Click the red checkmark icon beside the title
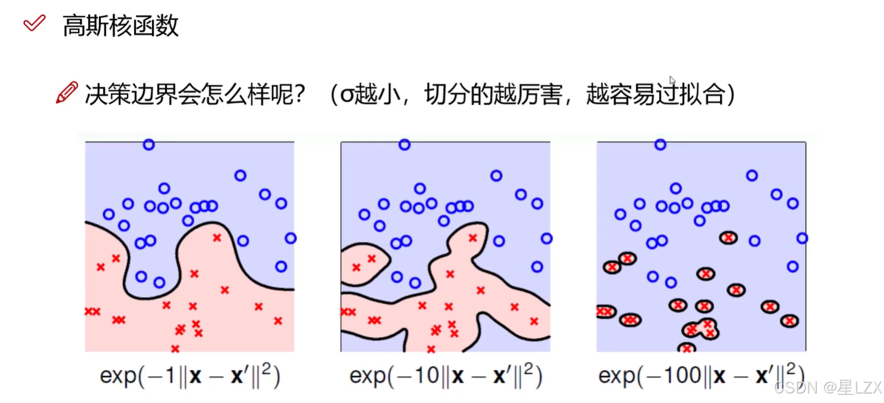click(x=34, y=24)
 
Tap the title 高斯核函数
click(x=120, y=26)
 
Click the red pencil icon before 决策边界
click(x=67, y=93)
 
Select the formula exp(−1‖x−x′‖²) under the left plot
click(x=190, y=376)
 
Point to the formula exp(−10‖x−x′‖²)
click(x=446, y=376)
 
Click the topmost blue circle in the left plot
click(x=149, y=144)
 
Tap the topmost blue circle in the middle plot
click(x=404, y=144)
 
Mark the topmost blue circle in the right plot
click(x=660, y=144)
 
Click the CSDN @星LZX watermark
click(x=827, y=388)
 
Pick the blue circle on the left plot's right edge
click(x=290, y=238)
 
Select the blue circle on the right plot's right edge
click(x=802, y=238)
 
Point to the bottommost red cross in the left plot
click(x=175, y=348)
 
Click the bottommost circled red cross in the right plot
click(x=687, y=348)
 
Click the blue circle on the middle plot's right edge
click(x=546, y=238)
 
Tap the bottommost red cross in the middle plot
click(x=431, y=348)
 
